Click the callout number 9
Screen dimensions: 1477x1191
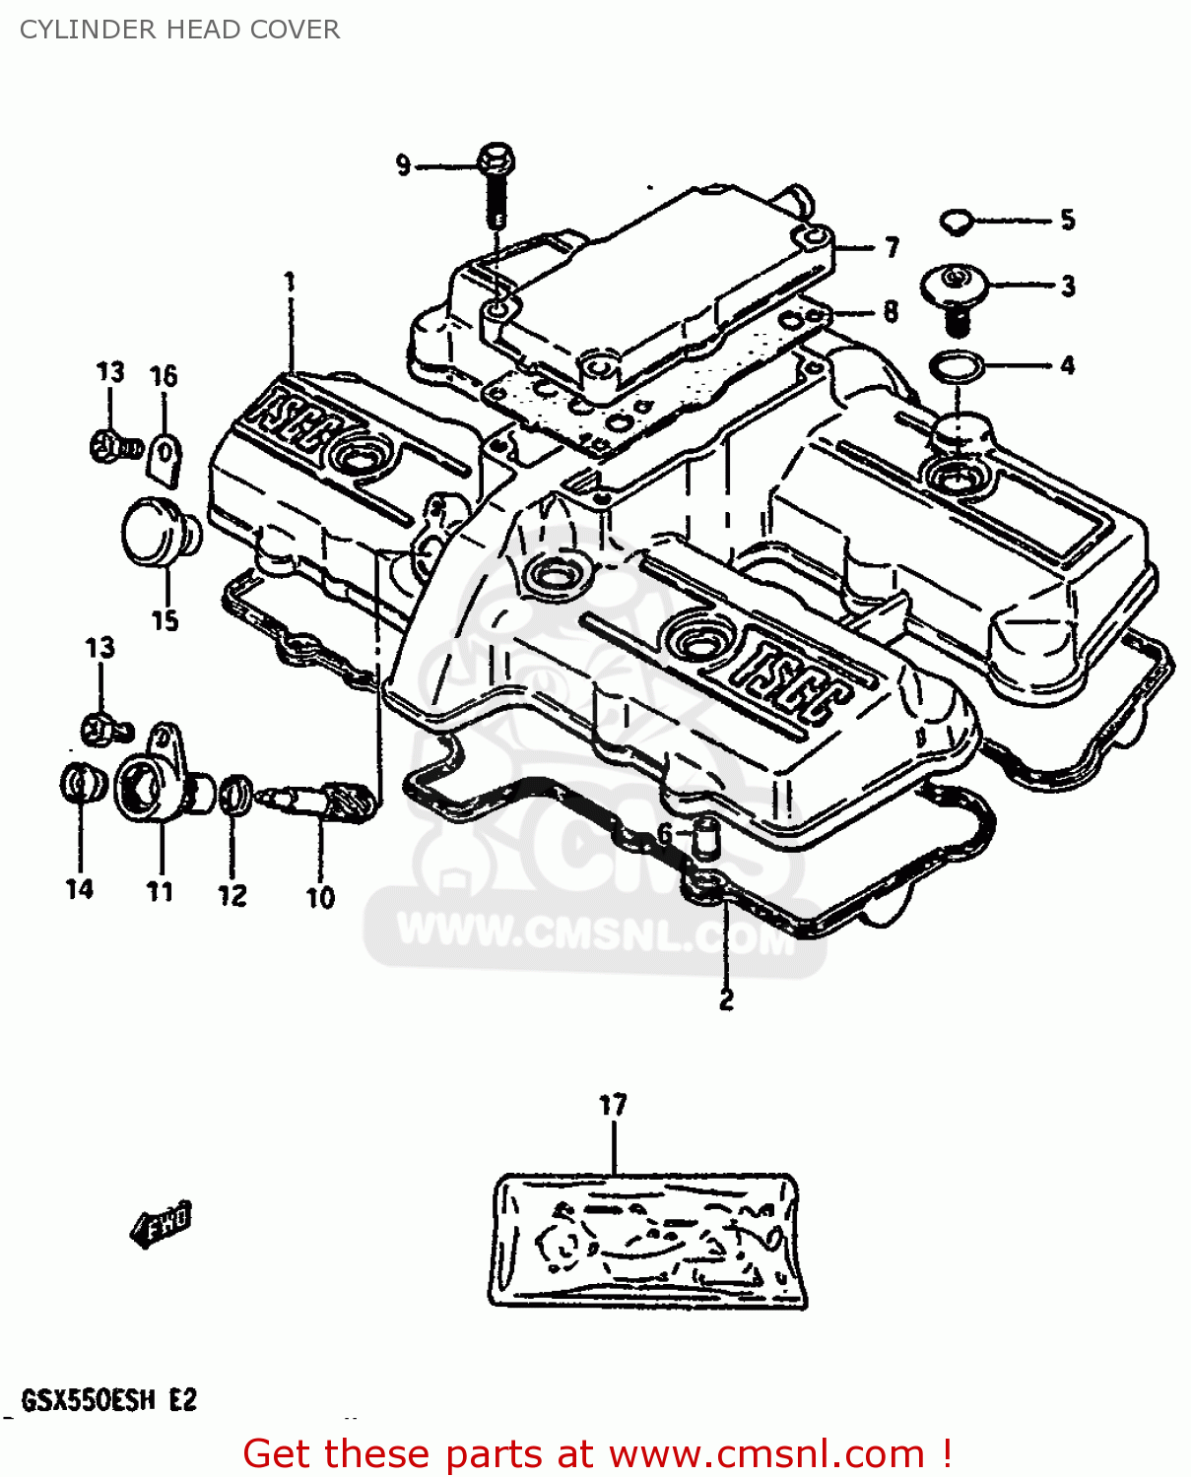[403, 165]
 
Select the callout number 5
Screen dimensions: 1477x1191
[1068, 220]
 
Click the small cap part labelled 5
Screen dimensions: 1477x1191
[955, 222]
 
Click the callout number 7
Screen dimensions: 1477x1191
[892, 247]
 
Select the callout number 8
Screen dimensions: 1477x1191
[891, 312]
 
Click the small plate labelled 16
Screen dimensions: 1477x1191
[165, 458]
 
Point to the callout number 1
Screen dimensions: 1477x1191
[290, 283]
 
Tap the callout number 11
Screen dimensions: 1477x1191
[160, 891]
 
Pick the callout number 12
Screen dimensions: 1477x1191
[232, 895]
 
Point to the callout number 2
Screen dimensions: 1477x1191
[726, 999]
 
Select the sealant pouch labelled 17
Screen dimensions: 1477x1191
[647, 1241]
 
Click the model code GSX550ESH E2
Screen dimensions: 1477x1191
[108, 1399]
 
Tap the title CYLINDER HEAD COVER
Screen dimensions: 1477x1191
[179, 30]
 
